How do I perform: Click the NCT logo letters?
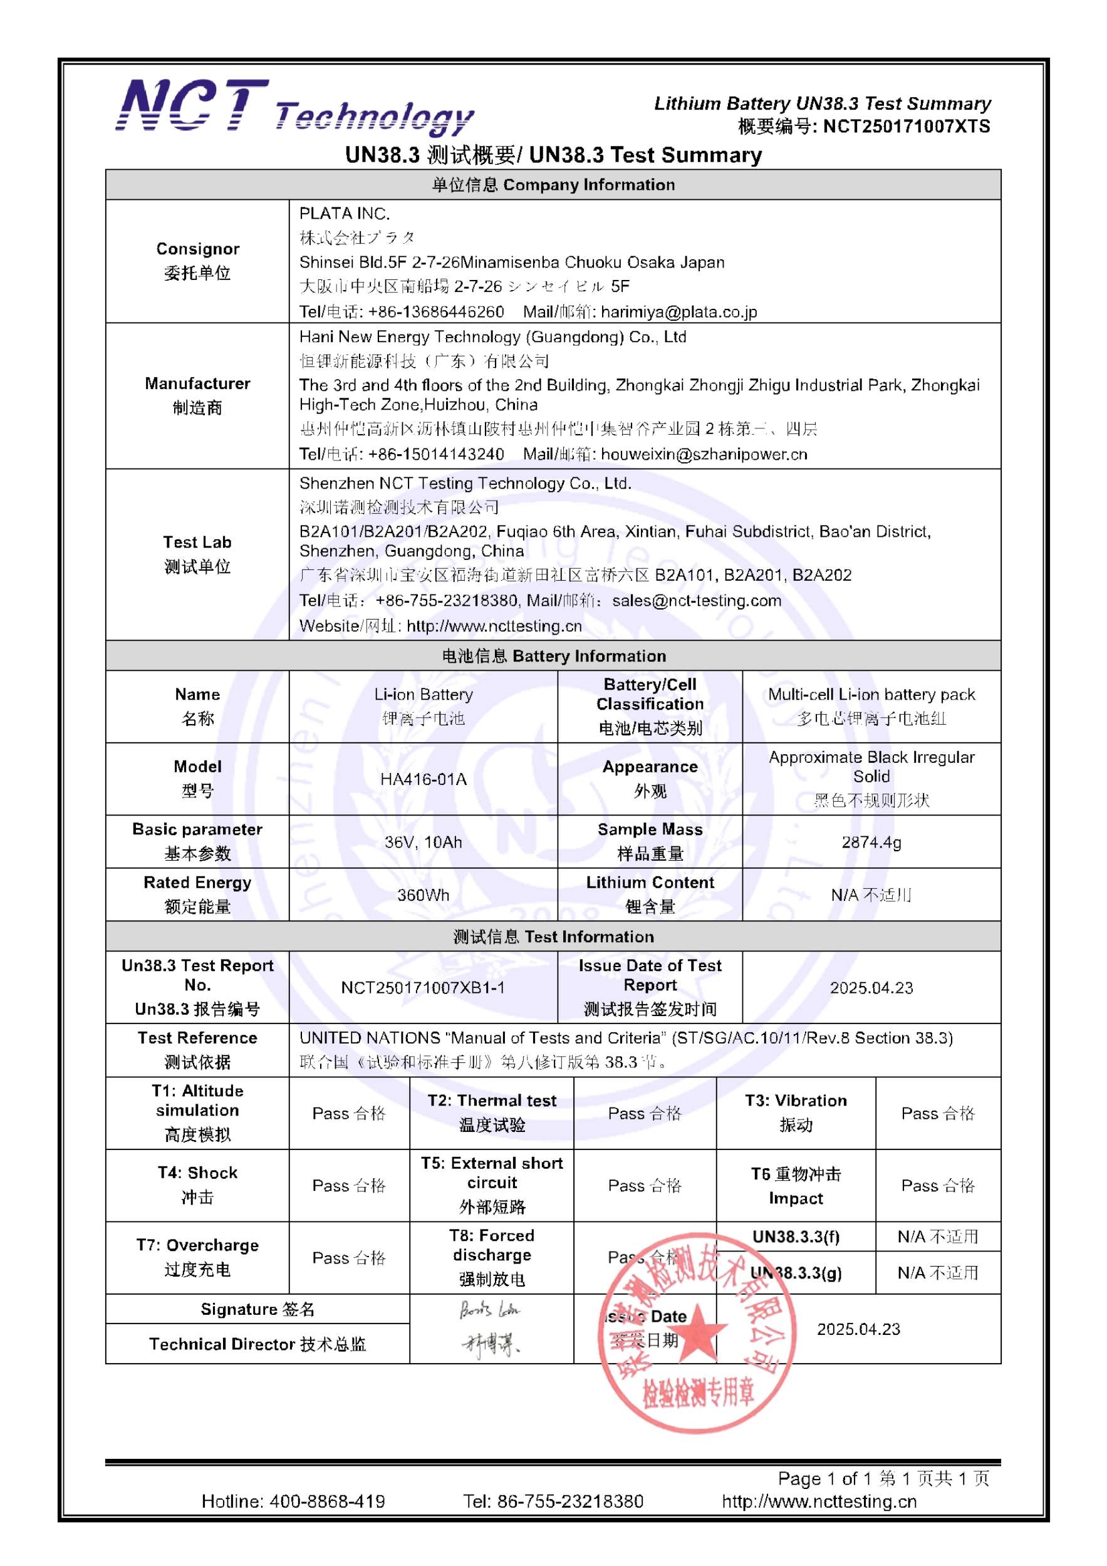(x=193, y=106)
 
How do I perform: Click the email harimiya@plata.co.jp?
(x=678, y=312)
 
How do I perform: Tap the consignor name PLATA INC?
(x=345, y=214)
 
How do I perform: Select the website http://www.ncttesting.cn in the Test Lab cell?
(x=494, y=626)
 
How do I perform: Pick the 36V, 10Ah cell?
(x=423, y=842)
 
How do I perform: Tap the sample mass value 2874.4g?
(x=871, y=842)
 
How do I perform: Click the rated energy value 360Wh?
(x=423, y=895)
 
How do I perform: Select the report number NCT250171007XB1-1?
(x=423, y=988)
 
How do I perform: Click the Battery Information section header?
(x=553, y=656)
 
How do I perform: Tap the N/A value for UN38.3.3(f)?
(x=938, y=1237)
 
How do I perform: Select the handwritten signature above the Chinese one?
(x=489, y=1310)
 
